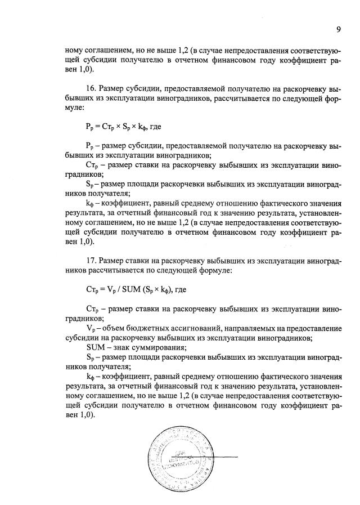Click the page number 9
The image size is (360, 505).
click(x=339, y=30)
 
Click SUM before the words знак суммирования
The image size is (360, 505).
click(x=97, y=347)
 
